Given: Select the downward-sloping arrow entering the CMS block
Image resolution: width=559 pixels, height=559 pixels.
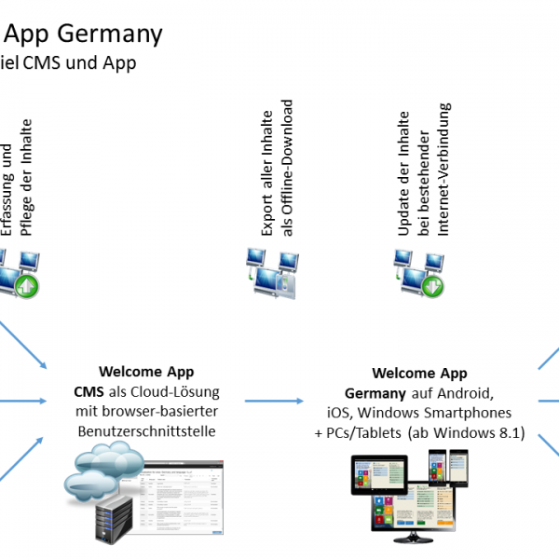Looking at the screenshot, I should coord(22,345).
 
